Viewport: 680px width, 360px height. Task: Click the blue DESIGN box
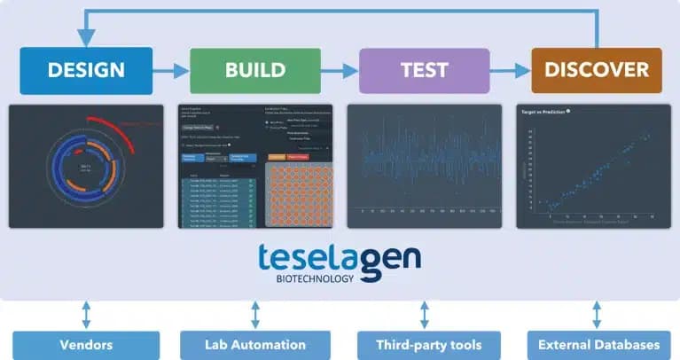point(86,70)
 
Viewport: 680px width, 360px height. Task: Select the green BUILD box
point(254,70)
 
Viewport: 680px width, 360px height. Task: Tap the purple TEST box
point(424,70)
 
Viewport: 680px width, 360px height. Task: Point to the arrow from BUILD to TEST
point(340,70)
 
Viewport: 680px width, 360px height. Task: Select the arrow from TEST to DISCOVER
point(510,70)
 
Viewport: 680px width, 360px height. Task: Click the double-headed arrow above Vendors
point(86,315)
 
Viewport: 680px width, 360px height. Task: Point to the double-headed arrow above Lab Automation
point(255,315)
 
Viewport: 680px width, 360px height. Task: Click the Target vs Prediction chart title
point(542,113)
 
